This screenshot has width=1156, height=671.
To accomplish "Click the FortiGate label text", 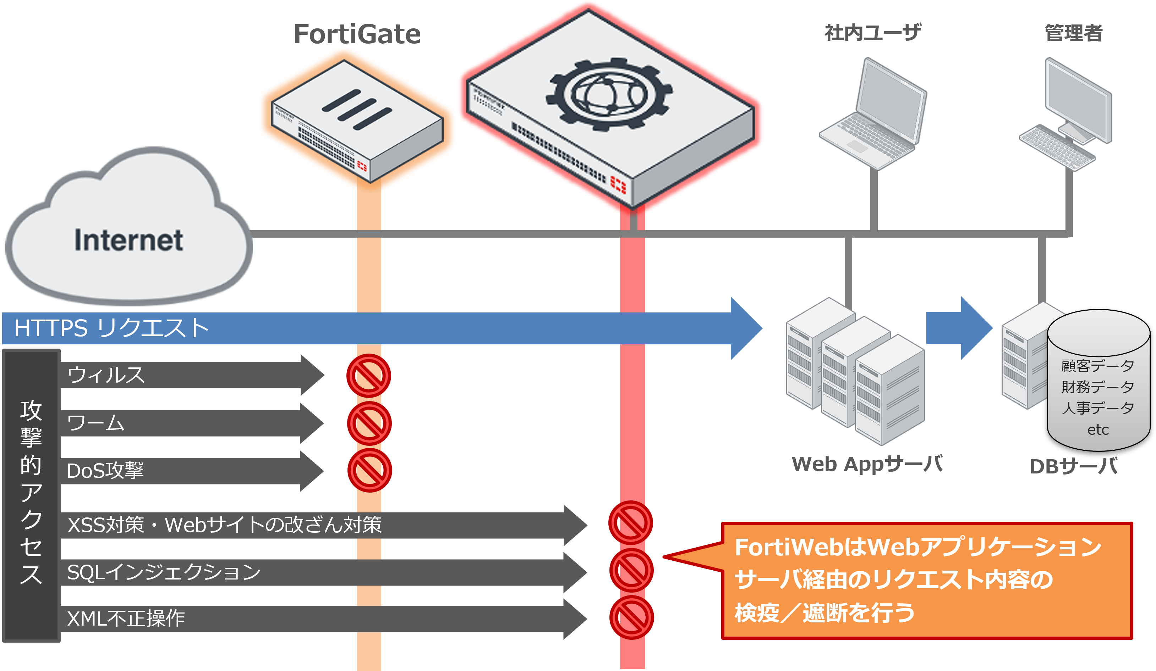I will tap(357, 34).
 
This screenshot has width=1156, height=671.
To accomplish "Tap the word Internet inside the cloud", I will tap(128, 240).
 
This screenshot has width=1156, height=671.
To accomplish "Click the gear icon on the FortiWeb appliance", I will tap(609, 95).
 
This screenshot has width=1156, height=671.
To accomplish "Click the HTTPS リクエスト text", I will tap(111, 328).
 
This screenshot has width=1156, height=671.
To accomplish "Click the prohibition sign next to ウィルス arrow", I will tap(368, 375).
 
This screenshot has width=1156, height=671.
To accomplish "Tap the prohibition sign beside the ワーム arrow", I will tap(369, 423).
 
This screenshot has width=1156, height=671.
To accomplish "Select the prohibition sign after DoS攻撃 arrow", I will tap(369, 470).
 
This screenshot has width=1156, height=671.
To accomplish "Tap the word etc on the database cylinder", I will tap(1098, 429).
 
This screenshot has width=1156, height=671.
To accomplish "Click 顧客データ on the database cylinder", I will tap(1098, 366).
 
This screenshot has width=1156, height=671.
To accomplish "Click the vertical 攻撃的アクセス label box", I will tap(31, 495).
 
